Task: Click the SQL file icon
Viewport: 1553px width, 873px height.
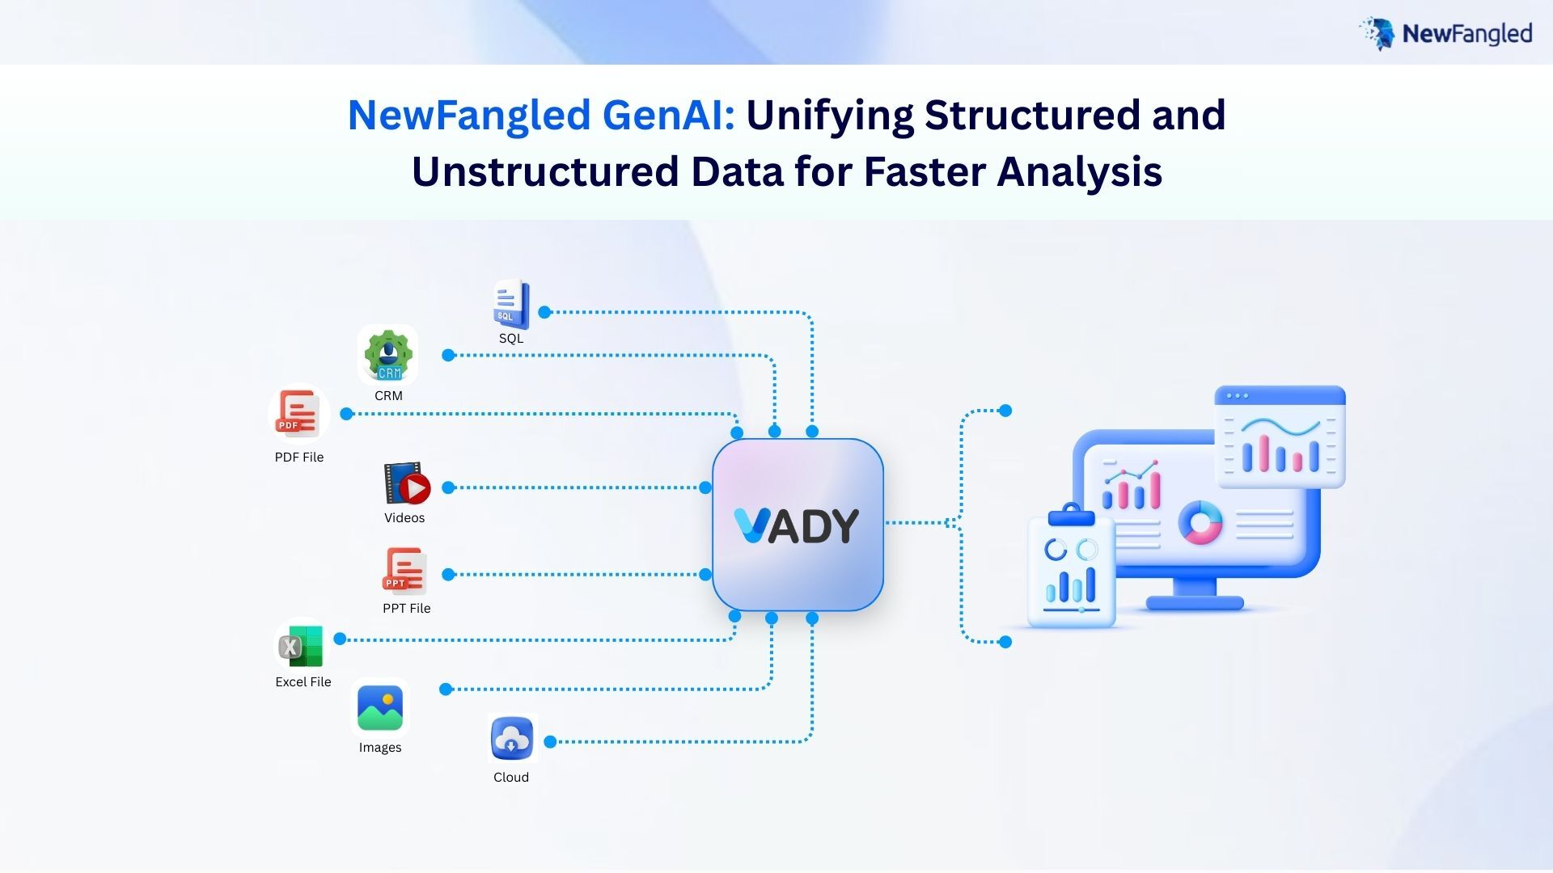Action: coord(511,304)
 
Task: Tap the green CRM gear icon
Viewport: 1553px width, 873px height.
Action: coord(388,355)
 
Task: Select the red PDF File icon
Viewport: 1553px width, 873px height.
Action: coord(298,413)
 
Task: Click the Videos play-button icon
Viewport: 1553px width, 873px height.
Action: coord(407,483)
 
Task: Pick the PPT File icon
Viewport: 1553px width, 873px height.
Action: coord(404,571)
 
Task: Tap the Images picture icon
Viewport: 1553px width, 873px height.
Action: coord(380,708)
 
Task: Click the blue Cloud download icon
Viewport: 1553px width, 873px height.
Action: coord(511,739)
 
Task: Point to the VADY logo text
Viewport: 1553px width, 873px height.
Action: coord(797,526)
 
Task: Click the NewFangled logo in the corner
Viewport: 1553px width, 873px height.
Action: coord(1446,33)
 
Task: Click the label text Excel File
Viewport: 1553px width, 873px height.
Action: coord(303,682)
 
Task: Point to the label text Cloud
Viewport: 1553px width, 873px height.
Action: coord(511,778)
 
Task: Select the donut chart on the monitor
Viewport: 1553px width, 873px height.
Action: coord(1200,522)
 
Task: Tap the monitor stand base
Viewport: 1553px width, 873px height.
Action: coord(1195,603)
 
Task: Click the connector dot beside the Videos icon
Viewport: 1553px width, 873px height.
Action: coord(448,487)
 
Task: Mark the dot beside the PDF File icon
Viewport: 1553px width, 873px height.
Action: coord(347,414)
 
